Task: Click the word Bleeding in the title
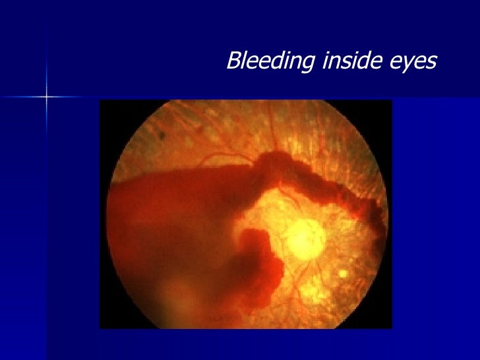click(x=270, y=62)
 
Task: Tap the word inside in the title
click(x=353, y=61)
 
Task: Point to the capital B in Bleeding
click(x=233, y=61)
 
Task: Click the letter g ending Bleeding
click(x=307, y=65)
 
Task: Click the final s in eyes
click(x=431, y=62)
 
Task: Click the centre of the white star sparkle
click(x=47, y=96)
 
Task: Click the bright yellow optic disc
click(x=304, y=238)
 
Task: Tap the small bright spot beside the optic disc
click(x=342, y=273)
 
